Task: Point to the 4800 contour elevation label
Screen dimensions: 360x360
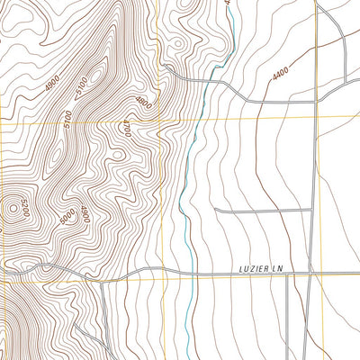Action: pos(142,101)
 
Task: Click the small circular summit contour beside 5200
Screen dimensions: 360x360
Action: pos(13,211)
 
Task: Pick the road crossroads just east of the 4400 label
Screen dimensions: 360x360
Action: pos(314,102)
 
